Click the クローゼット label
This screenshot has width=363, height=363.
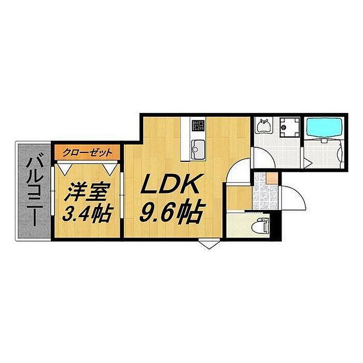pos(87,153)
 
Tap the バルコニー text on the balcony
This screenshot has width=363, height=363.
pos(34,192)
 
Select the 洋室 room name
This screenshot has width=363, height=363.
pos(87,192)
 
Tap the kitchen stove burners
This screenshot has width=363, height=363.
pos(198,125)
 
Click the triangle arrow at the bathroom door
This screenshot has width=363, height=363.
pos(307,163)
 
